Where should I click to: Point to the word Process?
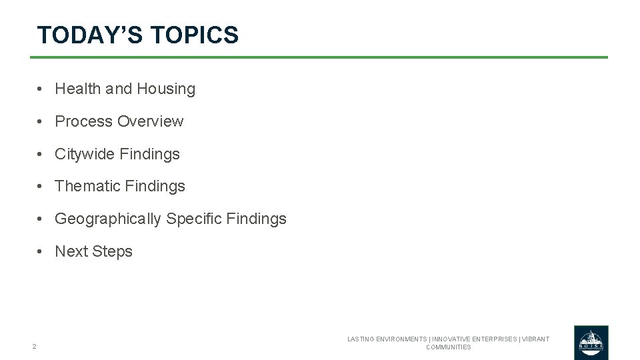(84, 121)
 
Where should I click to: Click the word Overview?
(150, 121)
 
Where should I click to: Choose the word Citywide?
(85, 154)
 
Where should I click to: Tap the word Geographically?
(108, 219)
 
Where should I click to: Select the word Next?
(71, 251)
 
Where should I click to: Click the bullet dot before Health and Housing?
(41, 89)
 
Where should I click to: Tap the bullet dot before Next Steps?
(41, 251)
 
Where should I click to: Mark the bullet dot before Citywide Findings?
(41, 154)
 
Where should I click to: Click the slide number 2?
(34, 347)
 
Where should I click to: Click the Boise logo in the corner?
(591, 342)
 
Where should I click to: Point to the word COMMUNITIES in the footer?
(448, 347)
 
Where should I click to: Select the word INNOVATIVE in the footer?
(454, 339)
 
